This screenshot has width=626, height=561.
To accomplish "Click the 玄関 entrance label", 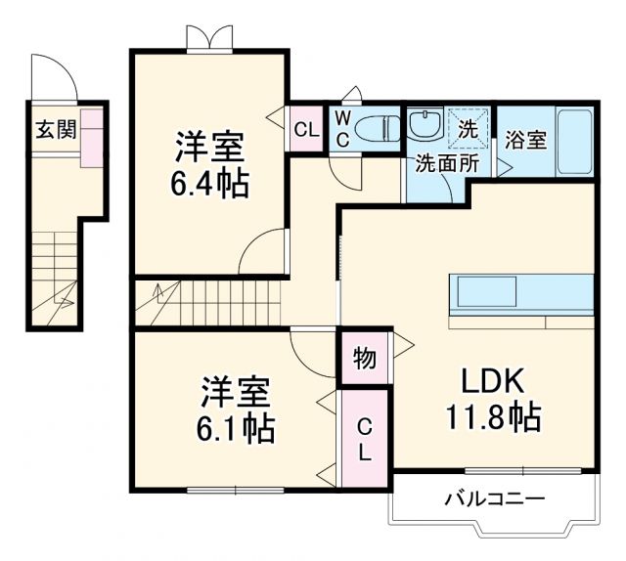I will [x=54, y=130].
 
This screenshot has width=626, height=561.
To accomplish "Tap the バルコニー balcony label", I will [x=495, y=500].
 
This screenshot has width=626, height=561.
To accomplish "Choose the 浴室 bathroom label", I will [x=525, y=141].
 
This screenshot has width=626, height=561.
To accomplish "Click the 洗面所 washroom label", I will [x=444, y=162].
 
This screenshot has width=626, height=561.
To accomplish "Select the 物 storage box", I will [x=364, y=359].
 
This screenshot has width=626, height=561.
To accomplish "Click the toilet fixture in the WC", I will [x=376, y=128].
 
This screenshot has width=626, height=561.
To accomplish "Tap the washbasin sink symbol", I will [x=425, y=125].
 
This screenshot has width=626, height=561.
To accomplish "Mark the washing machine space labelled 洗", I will [x=467, y=126].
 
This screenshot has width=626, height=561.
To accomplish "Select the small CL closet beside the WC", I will [x=305, y=128].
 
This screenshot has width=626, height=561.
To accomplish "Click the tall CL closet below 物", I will [x=364, y=439].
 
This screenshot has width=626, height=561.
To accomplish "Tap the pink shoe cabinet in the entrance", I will [x=93, y=137].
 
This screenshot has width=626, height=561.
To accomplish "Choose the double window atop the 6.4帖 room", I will [x=210, y=38].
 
